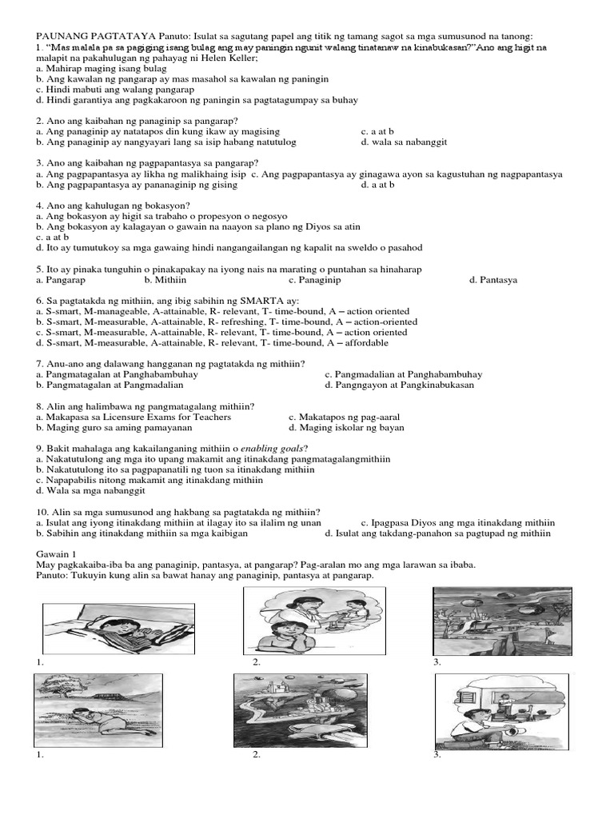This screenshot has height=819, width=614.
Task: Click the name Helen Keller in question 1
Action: pyautogui.click(x=229, y=58)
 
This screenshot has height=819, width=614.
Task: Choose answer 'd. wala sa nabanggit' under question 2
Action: pyautogui.click(x=403, y=142)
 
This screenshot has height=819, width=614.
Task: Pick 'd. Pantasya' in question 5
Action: pyautogui.click(x=493, y=280)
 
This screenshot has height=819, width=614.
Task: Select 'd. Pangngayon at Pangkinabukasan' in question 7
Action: pyautogui.click(x=399, y=384)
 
